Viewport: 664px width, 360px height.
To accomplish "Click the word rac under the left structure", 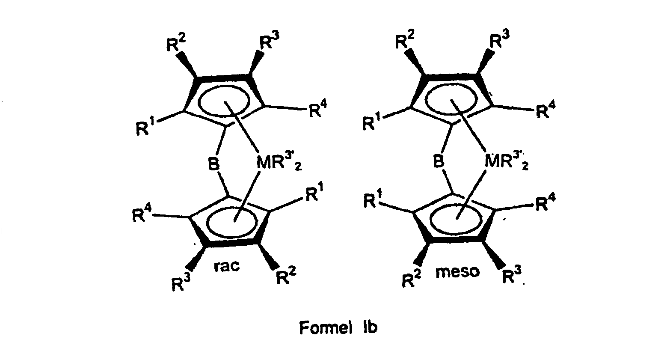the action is [226, 266].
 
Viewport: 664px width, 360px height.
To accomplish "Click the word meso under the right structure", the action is [458, 271].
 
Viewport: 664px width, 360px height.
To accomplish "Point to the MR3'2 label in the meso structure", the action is [507, 162].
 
